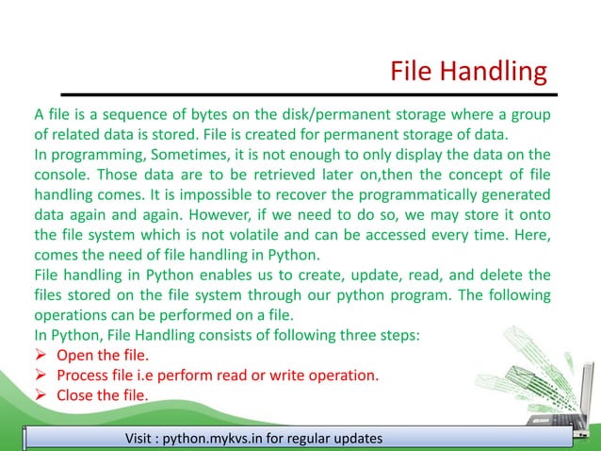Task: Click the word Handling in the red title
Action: point(496,72)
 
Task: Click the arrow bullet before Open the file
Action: point(41,355)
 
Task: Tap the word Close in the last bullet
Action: point(76,394)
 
